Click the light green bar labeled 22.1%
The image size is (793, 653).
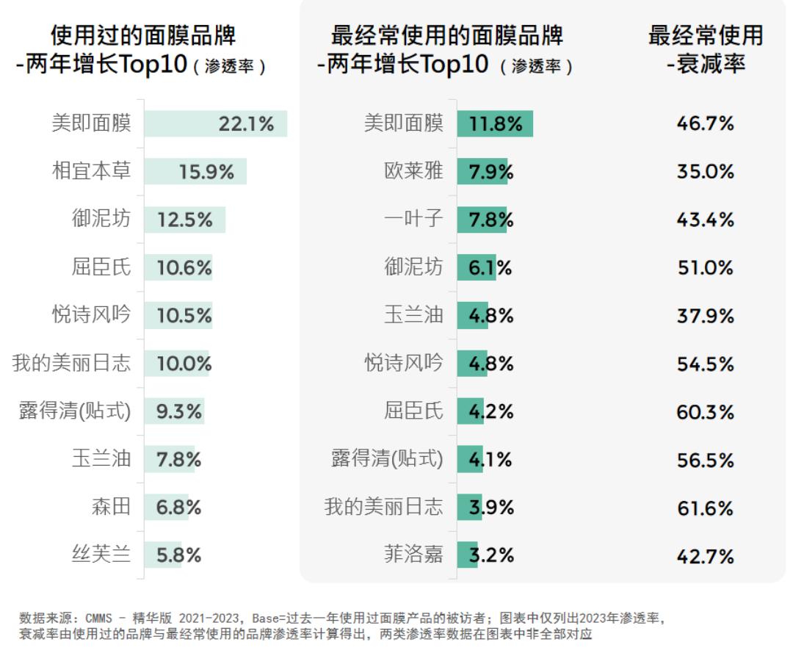[215, 123]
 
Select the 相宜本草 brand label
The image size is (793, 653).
[91, 171]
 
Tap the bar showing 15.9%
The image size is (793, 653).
[195, 171]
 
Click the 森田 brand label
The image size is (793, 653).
[111, 507]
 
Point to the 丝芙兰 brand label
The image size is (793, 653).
[101, 555]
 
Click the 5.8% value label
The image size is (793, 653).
[178, 555]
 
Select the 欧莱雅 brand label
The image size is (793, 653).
[413, 171]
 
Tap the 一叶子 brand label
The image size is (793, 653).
[413, 219]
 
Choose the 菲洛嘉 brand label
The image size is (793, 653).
[413, 555]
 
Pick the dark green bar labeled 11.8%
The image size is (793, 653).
[495, 123]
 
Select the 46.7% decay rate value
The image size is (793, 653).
[705, 123]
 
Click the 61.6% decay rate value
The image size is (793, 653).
[705, 508]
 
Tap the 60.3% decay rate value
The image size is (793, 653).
[705, 411]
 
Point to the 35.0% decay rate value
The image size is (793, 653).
[705, 171]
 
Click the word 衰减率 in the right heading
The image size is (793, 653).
[711, 64]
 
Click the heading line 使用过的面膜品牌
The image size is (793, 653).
[143, 35]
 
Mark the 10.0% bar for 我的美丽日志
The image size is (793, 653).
[176, 363]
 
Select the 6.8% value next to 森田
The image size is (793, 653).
[178, 508]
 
